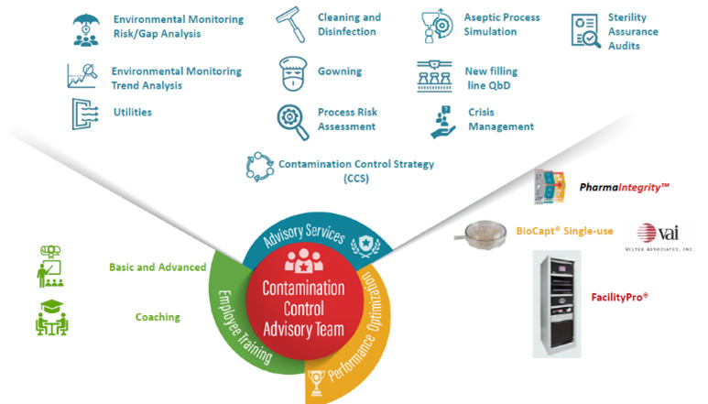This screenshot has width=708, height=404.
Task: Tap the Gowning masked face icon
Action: (x=292, y=72)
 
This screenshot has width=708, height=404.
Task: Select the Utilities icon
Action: (x=84, y=113)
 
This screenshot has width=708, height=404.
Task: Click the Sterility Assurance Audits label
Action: (x=633, y=31)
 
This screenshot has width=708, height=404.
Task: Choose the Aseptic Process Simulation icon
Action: (x=435, y=26)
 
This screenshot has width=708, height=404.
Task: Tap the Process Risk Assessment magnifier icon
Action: (x=293, y=119)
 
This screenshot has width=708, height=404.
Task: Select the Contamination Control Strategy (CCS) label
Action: (x=357, y=170)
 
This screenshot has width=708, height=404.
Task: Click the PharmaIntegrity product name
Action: (x=625, y=187)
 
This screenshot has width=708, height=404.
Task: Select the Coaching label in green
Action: (x=158, y=317)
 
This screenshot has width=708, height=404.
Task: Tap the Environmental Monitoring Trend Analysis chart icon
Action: (x=82, y=75)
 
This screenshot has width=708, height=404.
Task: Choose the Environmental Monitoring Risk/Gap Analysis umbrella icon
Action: (x=84, y=27)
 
